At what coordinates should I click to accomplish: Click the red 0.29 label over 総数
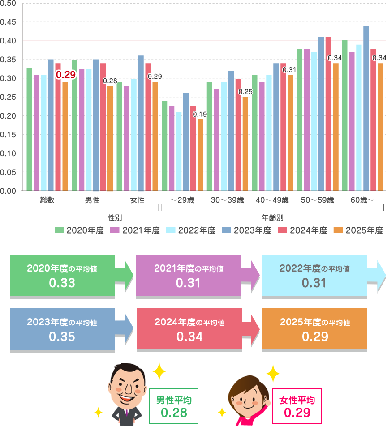(65, 75)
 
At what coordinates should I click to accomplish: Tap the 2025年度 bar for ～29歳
(200, 155)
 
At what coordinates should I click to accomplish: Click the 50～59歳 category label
(318, 200)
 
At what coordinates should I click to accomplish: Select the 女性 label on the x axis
(138, 200)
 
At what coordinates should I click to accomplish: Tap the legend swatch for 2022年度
(171, 230)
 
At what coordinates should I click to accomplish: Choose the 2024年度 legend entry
(302, 230)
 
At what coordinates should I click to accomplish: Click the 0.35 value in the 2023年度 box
(62, 337)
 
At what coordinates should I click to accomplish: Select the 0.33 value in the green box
(62, 283)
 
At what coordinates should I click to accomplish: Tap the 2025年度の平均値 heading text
(315, 322)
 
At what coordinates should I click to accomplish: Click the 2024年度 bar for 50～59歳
(328, 114)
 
